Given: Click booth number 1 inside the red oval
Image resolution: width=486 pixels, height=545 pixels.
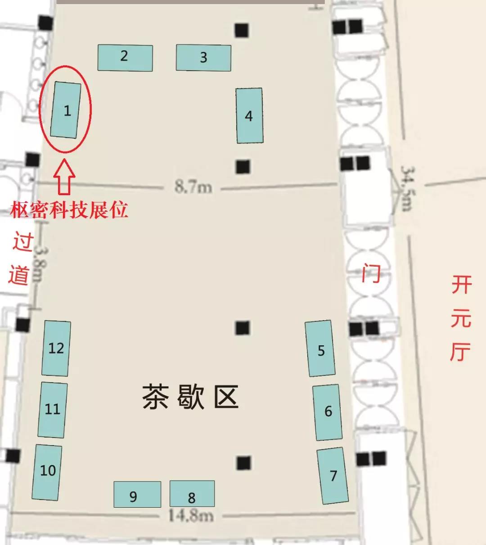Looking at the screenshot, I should click(66, 110).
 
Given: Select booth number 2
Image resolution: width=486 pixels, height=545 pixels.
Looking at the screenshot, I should click(125, 58).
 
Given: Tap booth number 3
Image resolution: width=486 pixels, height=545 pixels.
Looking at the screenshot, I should click(203, 58).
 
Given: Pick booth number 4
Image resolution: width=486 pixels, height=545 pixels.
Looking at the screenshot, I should click(249, 116).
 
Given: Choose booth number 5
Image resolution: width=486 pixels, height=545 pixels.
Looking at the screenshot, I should click(320, 349).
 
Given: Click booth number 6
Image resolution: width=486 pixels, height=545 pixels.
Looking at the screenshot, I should click(327, 412).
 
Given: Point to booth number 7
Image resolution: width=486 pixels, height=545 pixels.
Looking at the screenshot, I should click(333, 476).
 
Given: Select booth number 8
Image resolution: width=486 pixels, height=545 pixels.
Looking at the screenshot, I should click(192, 494).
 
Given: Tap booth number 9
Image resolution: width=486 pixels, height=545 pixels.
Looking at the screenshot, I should click(137, 495).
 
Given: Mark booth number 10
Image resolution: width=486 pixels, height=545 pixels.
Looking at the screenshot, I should click(47, 471).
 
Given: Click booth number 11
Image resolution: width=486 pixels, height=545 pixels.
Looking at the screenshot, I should click(53, 409).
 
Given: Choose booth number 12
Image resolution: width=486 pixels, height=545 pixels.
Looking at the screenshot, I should click(56, 348).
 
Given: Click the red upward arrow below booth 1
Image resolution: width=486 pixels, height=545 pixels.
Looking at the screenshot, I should click(64, 177).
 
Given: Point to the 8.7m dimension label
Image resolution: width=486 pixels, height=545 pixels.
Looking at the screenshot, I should click(193, 185).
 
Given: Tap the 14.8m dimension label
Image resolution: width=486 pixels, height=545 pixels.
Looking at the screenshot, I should click(190, 515).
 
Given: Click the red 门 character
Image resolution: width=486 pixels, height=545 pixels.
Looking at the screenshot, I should click(371, 273).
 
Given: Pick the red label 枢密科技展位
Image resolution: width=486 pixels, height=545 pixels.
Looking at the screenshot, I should click(69, 210).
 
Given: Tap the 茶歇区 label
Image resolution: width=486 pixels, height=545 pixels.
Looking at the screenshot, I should click(190, 397).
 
